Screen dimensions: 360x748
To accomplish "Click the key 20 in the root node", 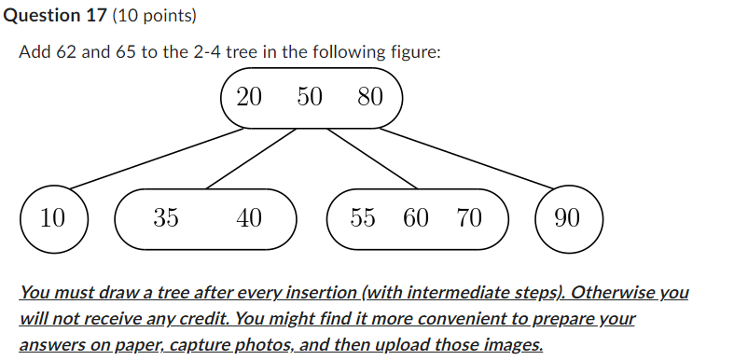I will pos(249,97).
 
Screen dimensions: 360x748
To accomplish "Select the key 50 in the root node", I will pos(310,97).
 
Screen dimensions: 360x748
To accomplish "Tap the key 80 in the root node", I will pos(370,97).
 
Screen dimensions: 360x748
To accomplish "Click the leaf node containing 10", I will pos(53,219).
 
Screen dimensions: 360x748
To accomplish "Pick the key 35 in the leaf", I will pos(166,219).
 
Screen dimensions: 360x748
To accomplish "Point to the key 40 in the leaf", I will pos(249,219).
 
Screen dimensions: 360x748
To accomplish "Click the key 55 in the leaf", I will pos(363,219).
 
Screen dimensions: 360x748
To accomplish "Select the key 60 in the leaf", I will pos(416,219).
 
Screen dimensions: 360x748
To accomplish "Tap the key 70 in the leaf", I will pos(469,219).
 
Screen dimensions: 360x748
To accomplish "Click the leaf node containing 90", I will pos(567,219).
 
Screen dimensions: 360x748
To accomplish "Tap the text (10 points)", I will pos(143,16).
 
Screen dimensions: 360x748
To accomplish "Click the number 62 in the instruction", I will pos(65,52).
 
